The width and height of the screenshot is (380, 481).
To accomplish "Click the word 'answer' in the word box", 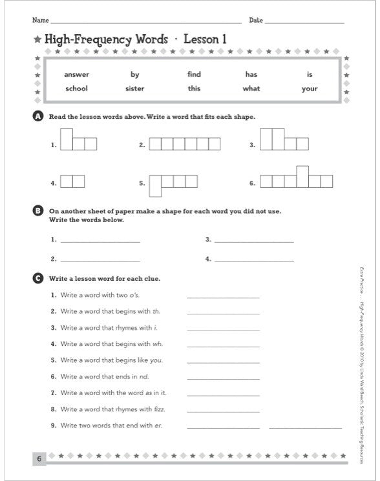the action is pos(76,74).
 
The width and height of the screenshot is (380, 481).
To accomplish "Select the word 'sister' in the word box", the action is pos(135,88).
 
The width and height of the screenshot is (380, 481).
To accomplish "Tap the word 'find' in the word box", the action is pos(194,74).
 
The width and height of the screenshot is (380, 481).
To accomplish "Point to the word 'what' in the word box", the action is pos(251,88).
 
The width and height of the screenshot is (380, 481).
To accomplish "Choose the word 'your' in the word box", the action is pos(309,88).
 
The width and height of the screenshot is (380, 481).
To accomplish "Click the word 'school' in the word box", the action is pos(76,88).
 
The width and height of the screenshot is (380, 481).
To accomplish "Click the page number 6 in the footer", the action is pos(39,459).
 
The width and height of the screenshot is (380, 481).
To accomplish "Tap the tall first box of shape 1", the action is pos(66,139).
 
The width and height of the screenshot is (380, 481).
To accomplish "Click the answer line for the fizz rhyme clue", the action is pos(223,411).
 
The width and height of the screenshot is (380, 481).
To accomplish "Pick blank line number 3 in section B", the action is pos(253,241).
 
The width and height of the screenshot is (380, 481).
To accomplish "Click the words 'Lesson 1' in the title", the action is pos(206,39).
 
